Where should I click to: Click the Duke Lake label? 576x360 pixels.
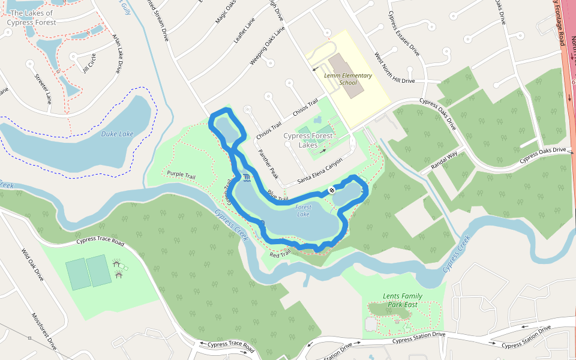pyautogui.click(x=117, y=134)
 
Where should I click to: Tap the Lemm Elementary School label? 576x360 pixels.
pyautogui.click(x=348, y=79)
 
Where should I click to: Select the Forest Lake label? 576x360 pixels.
pyautogui.click(x=304, y=211)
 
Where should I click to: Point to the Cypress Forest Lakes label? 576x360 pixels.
pyautogui.click(x=308, y=140)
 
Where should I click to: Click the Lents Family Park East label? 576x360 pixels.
pyautogui.click(x=402, y=300)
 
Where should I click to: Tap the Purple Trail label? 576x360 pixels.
pyautogui.click(x=182, y=174)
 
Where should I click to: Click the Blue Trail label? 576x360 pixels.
pyautogui.click(x=278, y=195)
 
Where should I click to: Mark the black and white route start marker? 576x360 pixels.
pyautogui.click(x=332, y=190)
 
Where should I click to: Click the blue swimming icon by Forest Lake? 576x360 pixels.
pyautogui.click(x=247, y=178)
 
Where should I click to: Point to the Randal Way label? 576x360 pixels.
pyautogui.click(x=444, y=163)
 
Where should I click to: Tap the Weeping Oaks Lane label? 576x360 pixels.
pyautogui.click(x=267, y=46)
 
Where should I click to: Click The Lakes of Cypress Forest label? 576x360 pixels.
pyautogui.click(x=32, y=17)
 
